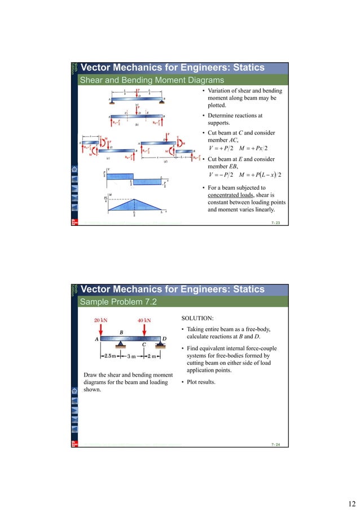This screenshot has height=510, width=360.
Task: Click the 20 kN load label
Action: pos(102,319)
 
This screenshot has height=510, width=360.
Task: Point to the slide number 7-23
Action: pos(275,224)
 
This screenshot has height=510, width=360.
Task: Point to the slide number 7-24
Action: pos(275,445)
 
